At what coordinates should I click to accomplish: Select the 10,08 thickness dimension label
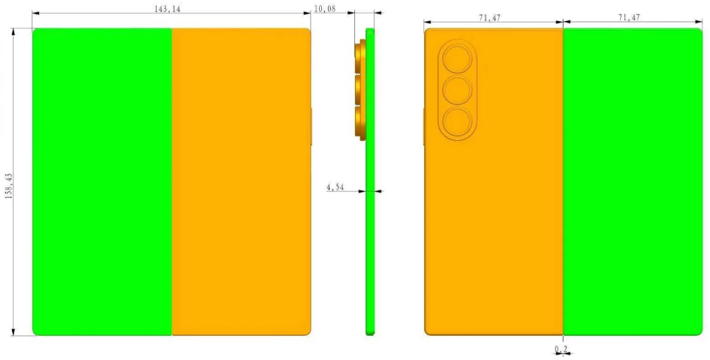tap(324, 8)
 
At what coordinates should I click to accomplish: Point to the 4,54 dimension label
tap(335, 186)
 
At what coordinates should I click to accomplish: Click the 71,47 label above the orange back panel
tap(492, 18)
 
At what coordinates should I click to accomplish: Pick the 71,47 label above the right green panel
tap(628, 18)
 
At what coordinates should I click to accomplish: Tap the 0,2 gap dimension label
tap(561, 349)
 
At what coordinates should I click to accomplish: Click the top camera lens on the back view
tap(457, 59)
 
